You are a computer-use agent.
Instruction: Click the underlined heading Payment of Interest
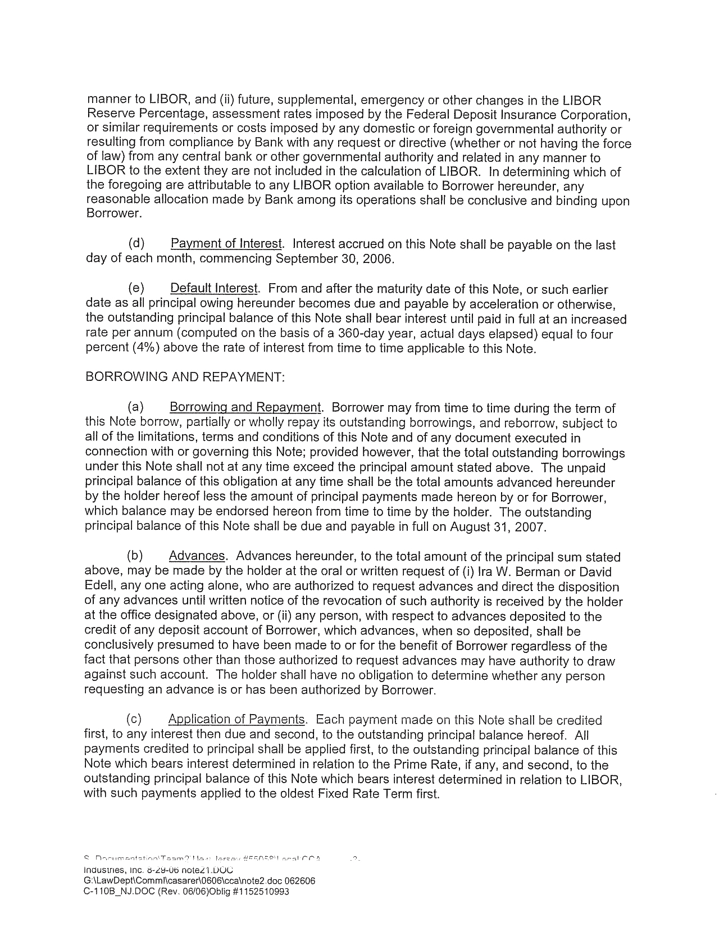click(x=226, y=244)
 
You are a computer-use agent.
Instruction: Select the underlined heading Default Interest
click(x=214, y=289)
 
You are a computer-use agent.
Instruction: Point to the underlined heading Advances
click(x=197, y=556)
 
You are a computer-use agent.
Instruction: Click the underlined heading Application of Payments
click(x=236, y=720)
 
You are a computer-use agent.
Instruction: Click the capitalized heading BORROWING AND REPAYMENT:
click(x=185, y=377)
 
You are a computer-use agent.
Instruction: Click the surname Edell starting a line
click(x=98, y=587)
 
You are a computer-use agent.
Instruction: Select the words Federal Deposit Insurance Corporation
click(x=526, y=115)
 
